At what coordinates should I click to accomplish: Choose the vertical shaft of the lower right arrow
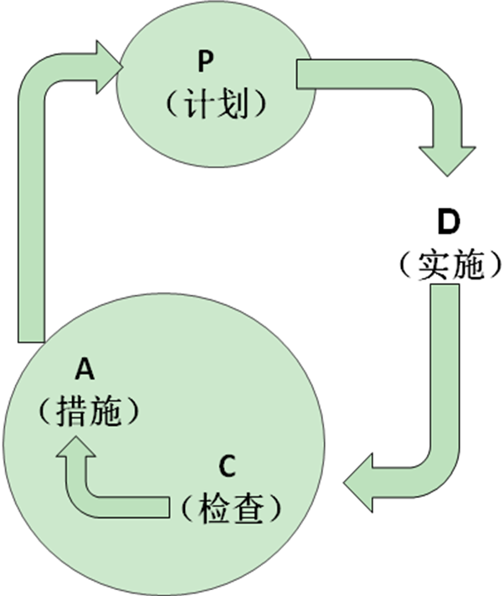pos(445,368)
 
